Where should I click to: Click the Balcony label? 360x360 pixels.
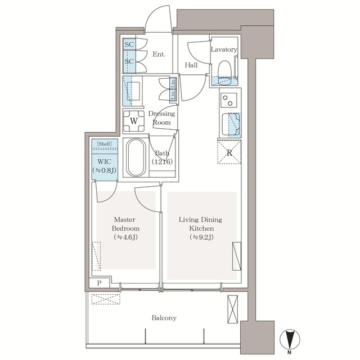click(164, 318)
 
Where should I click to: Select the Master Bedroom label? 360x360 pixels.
click(127, 224)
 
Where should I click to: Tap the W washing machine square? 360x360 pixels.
click(134, 120)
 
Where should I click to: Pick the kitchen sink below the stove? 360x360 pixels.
click(231, 123)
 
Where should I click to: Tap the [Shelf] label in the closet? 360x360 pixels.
click(104, 144)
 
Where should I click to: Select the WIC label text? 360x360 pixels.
click(104, 160)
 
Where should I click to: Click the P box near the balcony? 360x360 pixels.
click(100, 283)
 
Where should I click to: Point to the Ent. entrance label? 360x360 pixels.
click(159, 55)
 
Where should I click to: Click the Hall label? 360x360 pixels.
click(191, 65)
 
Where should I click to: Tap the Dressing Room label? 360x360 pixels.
click(161, 118)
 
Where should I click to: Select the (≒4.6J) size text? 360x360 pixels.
click(127, 237)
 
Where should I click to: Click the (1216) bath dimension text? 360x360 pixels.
click(162, 161)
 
